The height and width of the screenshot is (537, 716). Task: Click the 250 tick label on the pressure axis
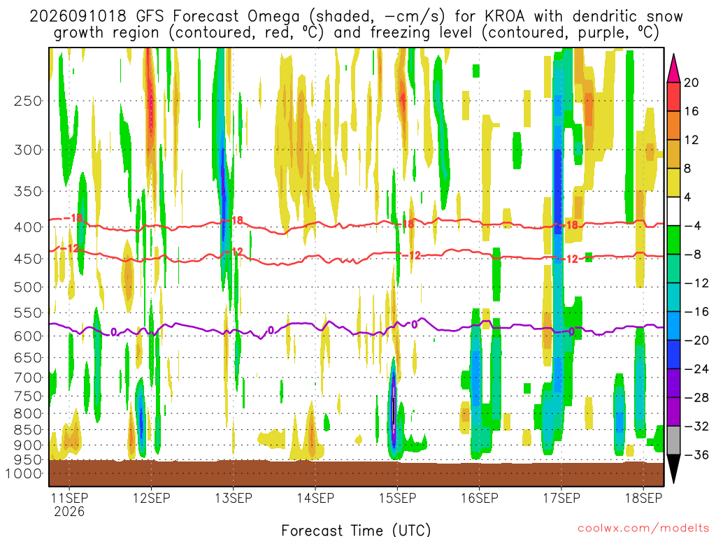27,101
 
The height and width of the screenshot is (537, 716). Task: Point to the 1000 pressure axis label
24,473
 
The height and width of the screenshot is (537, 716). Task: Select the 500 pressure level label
27,287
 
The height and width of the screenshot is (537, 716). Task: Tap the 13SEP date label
234,498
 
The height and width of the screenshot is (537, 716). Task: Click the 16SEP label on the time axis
480,498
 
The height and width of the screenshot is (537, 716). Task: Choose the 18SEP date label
643,498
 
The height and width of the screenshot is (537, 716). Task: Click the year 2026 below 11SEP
69,511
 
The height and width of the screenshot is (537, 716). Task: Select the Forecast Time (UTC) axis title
356,530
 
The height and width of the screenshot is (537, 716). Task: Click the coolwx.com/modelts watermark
643,529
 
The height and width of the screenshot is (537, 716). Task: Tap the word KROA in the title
505,16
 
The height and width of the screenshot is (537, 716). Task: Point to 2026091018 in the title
78,16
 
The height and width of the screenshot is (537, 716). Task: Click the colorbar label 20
691,83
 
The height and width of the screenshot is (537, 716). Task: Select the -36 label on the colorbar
696,454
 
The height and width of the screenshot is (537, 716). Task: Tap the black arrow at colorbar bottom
673,468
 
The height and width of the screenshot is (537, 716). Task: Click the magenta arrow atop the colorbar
673,68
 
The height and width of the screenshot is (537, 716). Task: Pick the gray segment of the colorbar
673,441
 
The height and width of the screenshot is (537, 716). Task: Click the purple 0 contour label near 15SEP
414,324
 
